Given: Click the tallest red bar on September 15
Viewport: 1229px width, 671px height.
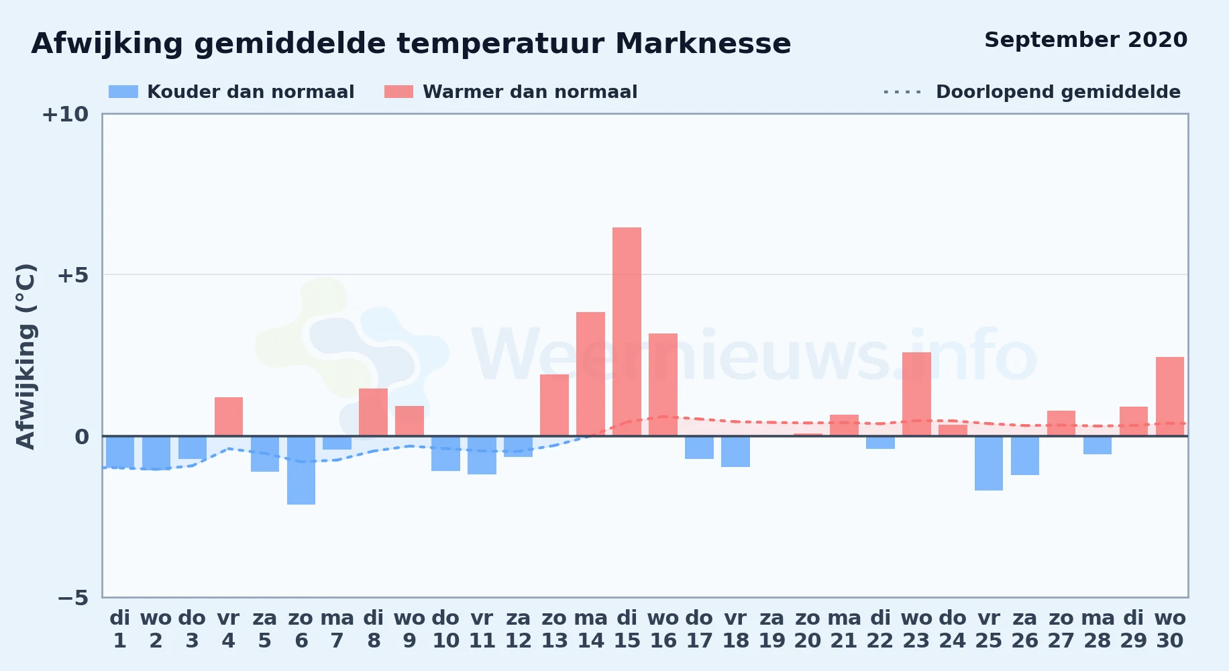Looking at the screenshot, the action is point(627,331).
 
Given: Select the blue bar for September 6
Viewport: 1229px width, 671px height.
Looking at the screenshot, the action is point(301,470).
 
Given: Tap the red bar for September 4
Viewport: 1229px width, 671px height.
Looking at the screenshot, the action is point(229,417).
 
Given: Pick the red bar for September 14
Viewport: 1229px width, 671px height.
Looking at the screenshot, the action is point(590,374).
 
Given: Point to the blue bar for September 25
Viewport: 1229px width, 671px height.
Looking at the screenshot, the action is point(989,463).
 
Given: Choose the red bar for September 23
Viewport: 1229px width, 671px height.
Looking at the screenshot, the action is point(916,394).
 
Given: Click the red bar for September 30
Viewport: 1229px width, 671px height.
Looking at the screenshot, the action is point(1170,397).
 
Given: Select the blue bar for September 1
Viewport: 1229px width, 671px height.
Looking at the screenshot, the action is point(120,452).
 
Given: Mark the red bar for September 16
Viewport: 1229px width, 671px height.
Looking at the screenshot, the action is point(663,384).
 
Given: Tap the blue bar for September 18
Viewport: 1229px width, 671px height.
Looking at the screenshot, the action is point(735,452).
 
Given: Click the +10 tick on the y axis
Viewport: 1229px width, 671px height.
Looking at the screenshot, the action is point(65,115).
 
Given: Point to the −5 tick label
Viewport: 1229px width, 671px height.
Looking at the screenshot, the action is point(72,598).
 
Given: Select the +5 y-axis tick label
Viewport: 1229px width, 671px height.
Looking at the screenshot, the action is point(72,275).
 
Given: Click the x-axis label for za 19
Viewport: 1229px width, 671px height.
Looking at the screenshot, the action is point(771,629).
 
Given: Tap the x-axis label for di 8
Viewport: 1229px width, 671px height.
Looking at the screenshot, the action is point(374,629).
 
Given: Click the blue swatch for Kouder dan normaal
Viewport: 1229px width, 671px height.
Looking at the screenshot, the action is point(123,92).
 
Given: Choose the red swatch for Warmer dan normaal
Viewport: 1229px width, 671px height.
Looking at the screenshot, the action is point(398,92).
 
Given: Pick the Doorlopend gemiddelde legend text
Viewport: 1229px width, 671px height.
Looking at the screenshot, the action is point(1058,92).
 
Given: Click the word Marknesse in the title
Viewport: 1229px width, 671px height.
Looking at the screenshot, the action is point(703,44).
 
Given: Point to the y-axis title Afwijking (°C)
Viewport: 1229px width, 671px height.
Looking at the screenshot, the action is point(25,356).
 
